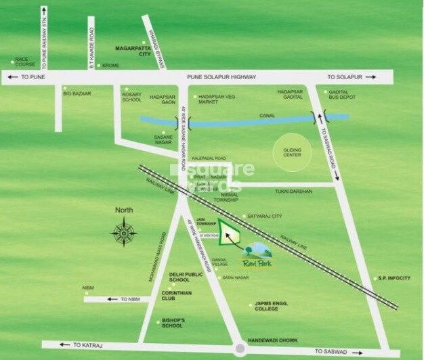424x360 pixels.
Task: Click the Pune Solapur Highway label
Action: (224, 77)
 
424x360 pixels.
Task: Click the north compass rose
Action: (124, 233)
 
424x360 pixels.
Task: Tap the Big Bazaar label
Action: (77, 93)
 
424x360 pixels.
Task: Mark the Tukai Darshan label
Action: (293, 192)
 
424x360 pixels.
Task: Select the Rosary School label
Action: (131, 96)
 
